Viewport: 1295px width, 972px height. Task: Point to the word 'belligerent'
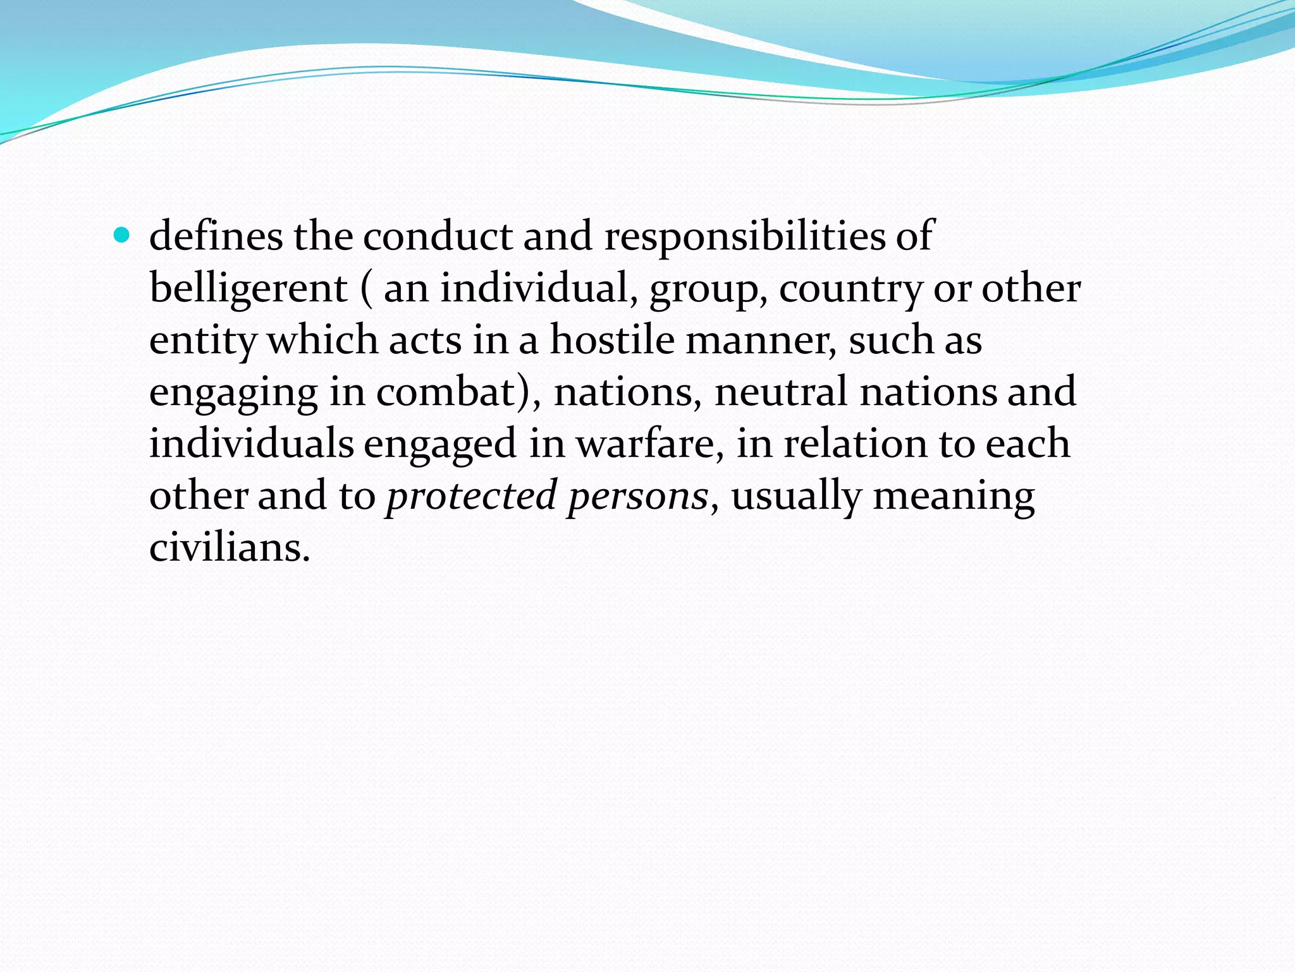[249, 289]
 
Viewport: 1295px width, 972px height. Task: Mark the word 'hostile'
[611, 340]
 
